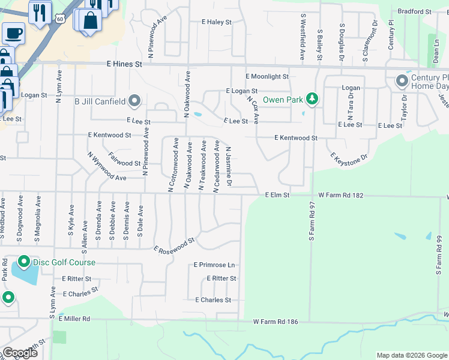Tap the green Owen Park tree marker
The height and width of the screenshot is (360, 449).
[312, 98]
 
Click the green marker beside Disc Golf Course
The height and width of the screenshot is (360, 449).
[23, 262]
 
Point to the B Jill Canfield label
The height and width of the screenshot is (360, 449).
[100, 101]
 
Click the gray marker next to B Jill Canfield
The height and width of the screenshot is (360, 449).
[135, 101]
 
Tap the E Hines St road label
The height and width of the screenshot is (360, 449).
[124, 64]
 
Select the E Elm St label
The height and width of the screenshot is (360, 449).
[277, 195]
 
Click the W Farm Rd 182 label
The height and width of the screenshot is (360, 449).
[342, 195]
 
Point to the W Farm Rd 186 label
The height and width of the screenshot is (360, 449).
[276, 322]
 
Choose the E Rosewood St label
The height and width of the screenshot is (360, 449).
[174, 244]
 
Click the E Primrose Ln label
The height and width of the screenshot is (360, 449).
[214, 265]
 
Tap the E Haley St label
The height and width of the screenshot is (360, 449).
[216, 22]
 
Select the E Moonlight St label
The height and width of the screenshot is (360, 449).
[267, 77]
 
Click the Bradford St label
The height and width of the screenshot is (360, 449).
[414, 11]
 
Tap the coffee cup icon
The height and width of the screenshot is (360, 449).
[13, 32]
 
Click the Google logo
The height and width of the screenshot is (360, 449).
[20, 352]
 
